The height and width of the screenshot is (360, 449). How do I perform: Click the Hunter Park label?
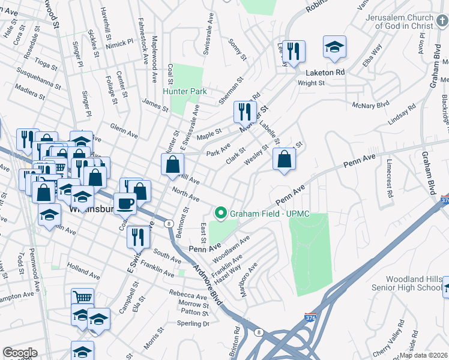(185, 91)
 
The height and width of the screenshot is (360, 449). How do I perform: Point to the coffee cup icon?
(125, 203)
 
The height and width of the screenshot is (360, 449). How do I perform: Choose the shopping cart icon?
(82, 298)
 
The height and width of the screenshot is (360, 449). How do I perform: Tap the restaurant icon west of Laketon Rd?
(294, 52)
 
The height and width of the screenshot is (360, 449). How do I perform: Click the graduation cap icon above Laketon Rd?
(334, 47)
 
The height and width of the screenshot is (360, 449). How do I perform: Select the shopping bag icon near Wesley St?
(285, 159)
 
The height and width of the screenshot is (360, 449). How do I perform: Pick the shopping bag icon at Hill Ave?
(172, 164)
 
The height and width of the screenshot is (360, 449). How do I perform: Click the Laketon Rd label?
(325, 72)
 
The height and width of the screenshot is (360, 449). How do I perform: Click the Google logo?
(20, 352)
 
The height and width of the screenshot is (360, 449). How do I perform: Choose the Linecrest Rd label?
(389, 179)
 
